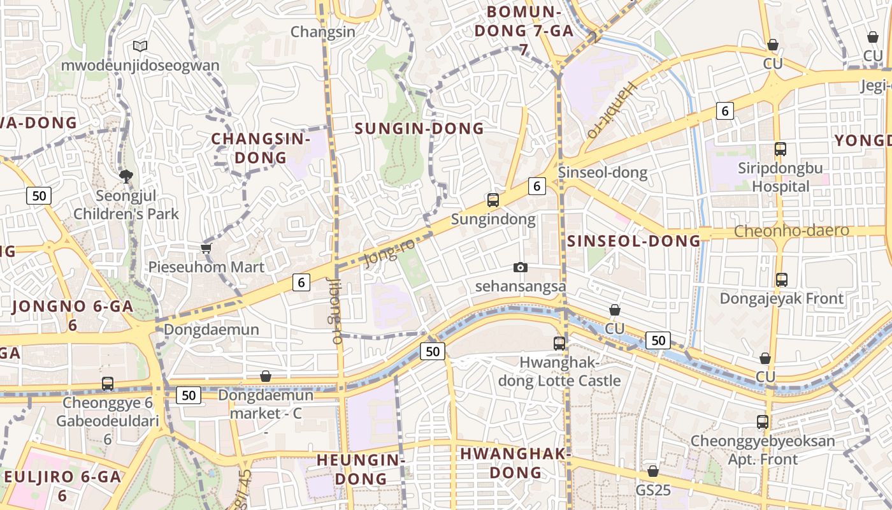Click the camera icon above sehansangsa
(x=521, y=267)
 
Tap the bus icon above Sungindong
(x=493, y=200)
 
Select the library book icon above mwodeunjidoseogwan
(x=140, y=46)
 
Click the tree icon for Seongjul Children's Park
(x=126, y=176)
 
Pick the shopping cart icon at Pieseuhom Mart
(x=206, y=248)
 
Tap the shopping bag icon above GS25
(x=653, y=472)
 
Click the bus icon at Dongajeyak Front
(x=782, y=279)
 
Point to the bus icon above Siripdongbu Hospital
(x=780, y=149)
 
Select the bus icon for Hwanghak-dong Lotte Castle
(x=559, y=343)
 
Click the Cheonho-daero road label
(x=792, y=231)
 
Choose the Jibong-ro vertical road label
(x=334, y=310)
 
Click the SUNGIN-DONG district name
(x=419, y=128)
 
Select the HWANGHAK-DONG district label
(x=515, y=463)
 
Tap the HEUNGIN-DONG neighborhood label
(x=361, y=469)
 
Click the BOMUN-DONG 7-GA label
(x=524, y=29)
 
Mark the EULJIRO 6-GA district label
(x=62, y=485)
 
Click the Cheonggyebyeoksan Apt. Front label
(x=763, y=450)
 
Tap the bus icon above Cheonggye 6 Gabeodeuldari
(x=108, y=384)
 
